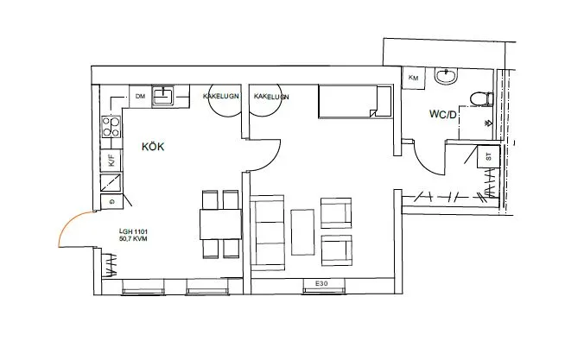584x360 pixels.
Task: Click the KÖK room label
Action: pos(153,146)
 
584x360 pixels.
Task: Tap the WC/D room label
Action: pos(442,114)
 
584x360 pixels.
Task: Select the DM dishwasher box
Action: pos(140,96)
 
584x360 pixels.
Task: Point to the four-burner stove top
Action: pos(111,127)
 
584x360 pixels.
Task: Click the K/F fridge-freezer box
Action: pos(111,161)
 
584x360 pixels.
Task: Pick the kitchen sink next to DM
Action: pos(163,95)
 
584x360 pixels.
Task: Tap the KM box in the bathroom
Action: pos(414,78)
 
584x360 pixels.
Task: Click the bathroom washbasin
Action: pos(446,76)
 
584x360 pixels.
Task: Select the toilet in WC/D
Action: pos(481,99)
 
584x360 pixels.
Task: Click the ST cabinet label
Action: pos(489,156)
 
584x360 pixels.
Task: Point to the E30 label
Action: pos(321,284)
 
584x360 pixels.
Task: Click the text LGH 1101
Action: pos(133,231)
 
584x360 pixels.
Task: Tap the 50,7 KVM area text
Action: pos(133,238)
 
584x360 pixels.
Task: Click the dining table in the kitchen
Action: pos(220,224)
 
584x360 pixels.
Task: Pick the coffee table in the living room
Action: pos(302,232)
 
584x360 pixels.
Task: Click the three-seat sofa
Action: pos(267,233)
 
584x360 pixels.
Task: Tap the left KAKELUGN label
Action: pos(220,96)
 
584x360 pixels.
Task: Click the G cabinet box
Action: pos(111,202)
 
